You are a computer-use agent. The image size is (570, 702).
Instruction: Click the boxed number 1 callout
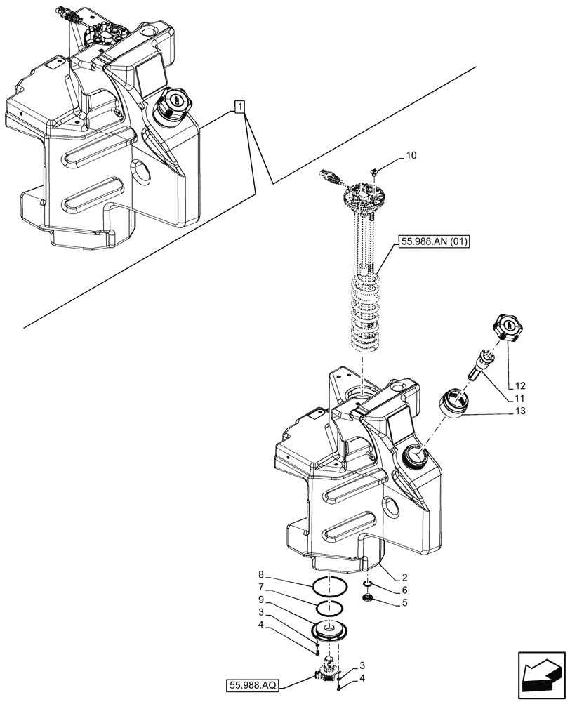[x=239, y=107]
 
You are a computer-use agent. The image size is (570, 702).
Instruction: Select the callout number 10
[x=411, y=157]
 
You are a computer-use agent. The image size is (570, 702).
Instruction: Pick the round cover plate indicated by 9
[x=329, y=628]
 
